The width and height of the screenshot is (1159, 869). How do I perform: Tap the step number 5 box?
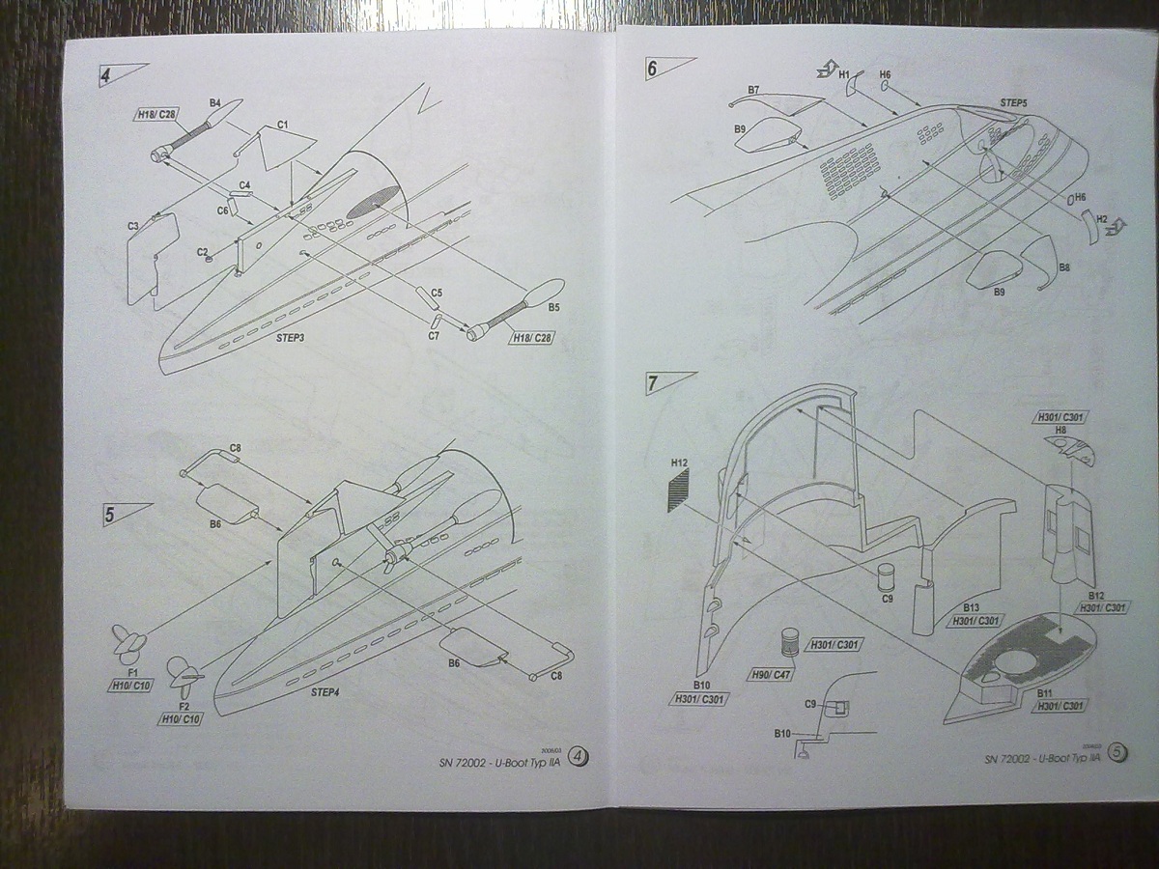point(111,515)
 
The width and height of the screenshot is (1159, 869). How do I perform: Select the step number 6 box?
point(652,69)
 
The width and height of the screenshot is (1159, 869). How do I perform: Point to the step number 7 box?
point(654,382)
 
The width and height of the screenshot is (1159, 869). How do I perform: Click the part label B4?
point(215,102)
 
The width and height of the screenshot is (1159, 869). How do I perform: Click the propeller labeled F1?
point(128,640)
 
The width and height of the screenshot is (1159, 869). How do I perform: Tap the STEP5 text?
point(1013,102)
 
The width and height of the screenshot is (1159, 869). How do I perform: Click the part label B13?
point(972,608)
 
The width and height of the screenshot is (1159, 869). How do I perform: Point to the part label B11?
point(1045,693)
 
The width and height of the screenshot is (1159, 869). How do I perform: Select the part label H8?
point(1060,431)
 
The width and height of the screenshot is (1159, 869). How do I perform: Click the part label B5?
point(553,308)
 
